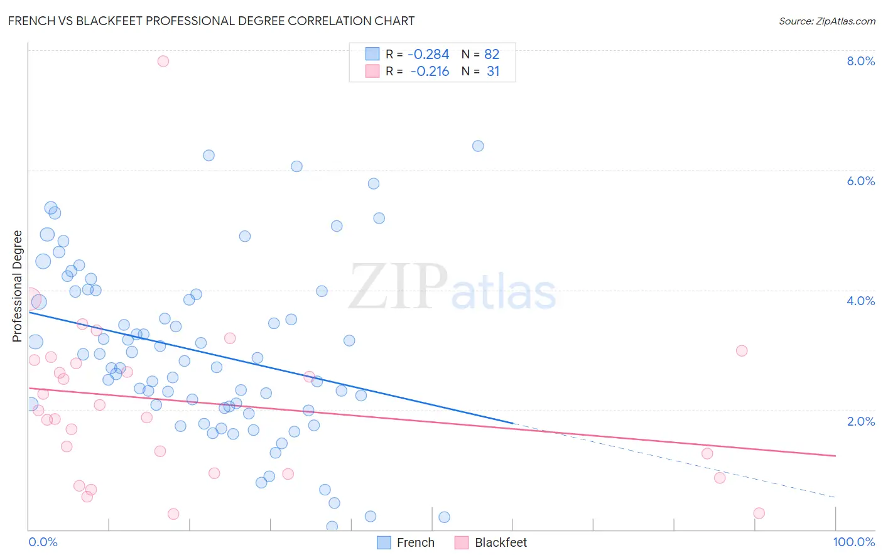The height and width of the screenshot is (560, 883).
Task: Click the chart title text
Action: point(211,21)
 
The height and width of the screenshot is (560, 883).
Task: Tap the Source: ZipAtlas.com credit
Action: point(826,21)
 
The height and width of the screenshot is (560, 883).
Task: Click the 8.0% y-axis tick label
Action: point(860,61)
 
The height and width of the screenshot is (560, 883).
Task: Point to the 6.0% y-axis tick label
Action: point(860,181)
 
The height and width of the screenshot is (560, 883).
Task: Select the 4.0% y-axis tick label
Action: point(860,301)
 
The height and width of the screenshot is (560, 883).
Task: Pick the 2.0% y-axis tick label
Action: point(860,421)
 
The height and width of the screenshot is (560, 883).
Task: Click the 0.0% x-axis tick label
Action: point(43,542)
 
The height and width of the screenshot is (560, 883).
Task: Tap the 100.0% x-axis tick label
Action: point(853,542)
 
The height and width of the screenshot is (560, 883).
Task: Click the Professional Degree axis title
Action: point(17,286)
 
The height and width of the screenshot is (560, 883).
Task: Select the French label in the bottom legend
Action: point(415,542)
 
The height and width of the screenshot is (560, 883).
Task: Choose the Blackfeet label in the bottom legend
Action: point(501,542)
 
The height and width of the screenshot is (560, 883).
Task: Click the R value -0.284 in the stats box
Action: point(428,55)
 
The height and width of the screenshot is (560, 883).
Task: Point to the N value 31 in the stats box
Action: point(493,72)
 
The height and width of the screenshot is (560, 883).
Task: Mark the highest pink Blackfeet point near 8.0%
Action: point(163,61)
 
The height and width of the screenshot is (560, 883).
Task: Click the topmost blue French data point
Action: point(478,146)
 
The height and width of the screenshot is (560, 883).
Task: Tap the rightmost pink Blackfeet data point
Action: point(759,513)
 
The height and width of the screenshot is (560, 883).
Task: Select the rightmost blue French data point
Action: point(478,146)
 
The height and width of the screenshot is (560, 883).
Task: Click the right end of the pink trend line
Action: point(835,455)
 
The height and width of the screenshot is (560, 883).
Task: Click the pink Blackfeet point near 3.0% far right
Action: point(742,350)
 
